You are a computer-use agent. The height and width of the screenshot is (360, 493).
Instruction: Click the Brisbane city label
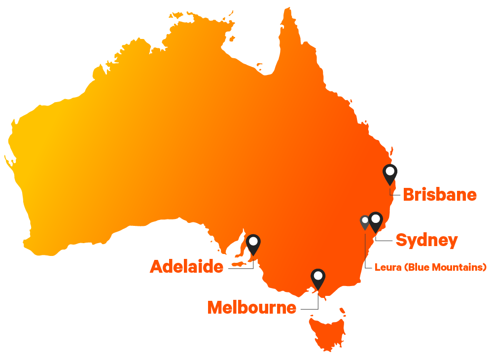(x=440, y=195)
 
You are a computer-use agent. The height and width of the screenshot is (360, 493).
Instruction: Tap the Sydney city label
(x=426, y=241)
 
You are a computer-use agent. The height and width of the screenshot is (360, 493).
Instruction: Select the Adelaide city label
(x=186, y=267)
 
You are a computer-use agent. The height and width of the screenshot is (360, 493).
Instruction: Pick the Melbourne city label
(x=251, y=307)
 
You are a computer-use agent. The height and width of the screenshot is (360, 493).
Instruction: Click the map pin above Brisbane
(x=390, y=174)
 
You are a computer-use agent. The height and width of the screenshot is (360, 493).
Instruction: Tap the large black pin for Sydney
(x=376, y=221)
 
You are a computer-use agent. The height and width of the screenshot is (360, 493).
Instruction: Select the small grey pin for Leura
(x=365, y=222)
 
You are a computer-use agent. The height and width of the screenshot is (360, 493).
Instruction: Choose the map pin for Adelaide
(x=253, y=244)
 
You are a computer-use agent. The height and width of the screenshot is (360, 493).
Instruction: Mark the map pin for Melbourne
(x=318, y=279)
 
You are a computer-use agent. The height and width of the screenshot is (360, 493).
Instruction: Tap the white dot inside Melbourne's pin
(x=318, y=276)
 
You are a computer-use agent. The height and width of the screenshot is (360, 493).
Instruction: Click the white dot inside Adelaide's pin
(x=253, y=242)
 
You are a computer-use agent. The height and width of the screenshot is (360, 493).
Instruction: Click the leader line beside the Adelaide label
(x=241, y=268)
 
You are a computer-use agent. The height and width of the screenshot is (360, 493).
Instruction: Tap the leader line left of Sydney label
(x=385, y=241)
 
